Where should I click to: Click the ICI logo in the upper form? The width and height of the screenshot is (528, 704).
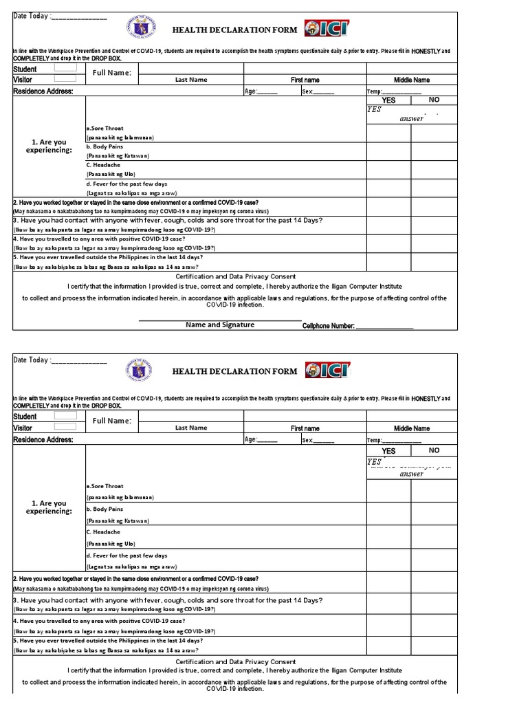coord(327,28)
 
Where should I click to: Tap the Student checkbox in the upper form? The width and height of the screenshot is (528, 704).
coord(65,68)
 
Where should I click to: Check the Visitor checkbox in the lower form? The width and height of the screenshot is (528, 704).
coord(65,427)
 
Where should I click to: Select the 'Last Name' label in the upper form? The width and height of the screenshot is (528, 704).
coord(190,80)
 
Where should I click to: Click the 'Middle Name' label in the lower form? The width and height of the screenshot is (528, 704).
coord(412,428)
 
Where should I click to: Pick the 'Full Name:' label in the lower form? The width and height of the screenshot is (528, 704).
coord(112,421)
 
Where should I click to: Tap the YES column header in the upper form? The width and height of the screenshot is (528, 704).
coord(388,100)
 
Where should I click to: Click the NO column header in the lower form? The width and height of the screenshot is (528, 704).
coord(434,450)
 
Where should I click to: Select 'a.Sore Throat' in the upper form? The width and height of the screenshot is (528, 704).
coord(104,128)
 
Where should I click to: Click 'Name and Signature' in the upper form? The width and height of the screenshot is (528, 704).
coord(219,324)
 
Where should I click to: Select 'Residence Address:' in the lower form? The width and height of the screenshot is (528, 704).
coord(43,439)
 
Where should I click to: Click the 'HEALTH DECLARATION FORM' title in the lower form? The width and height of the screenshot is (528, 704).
coord(234,371)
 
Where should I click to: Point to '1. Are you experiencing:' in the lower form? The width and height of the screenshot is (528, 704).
coord(49,507)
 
